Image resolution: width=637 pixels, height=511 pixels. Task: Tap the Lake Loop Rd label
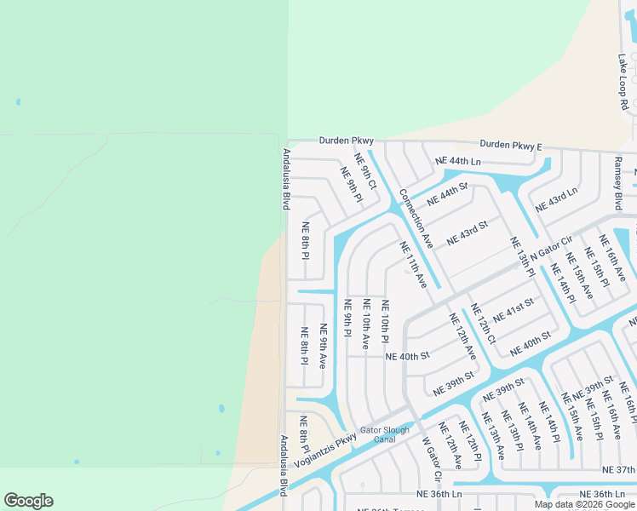click(x=623, y=83)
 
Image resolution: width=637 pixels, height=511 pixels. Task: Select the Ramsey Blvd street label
click(x=618, y=182)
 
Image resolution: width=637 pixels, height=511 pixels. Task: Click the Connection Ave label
click(x=416, y=219)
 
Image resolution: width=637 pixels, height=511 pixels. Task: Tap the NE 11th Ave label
click(x=413, y=265)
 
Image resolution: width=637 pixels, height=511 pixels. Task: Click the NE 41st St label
click(x=514, y=309)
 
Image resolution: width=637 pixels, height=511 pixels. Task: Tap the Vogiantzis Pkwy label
click(x=324, y=451)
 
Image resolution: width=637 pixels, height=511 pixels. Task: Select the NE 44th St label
click(x=448, y=192)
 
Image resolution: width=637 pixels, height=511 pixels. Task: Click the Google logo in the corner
click(x=28, y=501)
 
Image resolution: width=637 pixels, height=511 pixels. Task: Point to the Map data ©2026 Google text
click(x=584, y=504)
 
